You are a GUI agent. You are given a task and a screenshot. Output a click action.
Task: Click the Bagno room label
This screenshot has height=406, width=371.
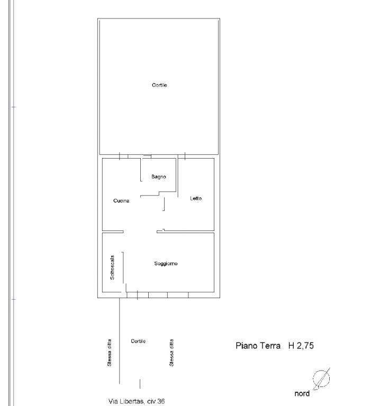click(x=159, y=177)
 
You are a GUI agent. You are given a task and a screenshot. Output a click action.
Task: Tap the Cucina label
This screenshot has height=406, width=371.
click(x=121, y=201)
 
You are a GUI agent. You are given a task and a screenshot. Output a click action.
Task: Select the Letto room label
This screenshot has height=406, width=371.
click(x=196, y=198)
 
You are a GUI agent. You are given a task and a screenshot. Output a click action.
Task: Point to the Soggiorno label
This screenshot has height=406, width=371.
click(x=166, y=264)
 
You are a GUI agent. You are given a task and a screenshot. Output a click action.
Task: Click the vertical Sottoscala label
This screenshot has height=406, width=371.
click(x=112, y=267)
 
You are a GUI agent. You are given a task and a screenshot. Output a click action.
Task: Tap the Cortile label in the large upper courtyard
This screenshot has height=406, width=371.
click(x=159, y=85)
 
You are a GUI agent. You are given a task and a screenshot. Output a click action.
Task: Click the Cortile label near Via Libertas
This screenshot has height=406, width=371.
click(x=138, y=341)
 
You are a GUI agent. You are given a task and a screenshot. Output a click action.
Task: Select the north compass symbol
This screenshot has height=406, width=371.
click(x=321, y=379)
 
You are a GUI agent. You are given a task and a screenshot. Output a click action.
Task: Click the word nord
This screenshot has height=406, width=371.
click(x=302, y=393)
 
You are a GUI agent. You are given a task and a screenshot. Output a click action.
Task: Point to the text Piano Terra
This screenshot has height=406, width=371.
click(x=258, y=346)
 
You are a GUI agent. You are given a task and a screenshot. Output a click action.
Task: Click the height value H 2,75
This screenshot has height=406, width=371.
click(x=301, y=346)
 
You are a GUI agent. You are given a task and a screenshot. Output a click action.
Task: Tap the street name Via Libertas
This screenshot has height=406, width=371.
click(x=127, y=401)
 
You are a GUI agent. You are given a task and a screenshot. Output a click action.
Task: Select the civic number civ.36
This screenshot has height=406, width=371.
click(x=156, y=401)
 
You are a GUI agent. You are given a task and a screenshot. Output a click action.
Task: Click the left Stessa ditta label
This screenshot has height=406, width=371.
click(x=110, y=353)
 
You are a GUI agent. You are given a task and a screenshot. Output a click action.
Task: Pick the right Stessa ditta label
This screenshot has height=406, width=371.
click(x=171, y=353)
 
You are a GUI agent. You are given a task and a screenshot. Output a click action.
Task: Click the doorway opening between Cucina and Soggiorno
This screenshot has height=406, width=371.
click(x=140, y=232)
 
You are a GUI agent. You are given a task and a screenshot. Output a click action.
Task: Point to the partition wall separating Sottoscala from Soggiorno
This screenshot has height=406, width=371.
click(x=123, y=267)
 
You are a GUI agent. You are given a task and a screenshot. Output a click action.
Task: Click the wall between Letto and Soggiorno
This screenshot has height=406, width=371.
click(x=185, y=232)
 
